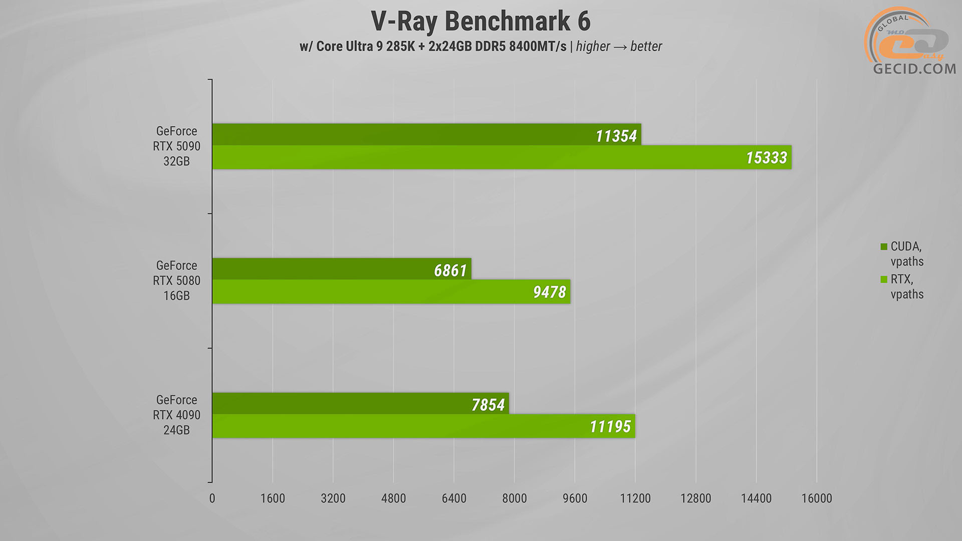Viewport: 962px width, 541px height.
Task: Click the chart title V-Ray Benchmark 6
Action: coord(480,22)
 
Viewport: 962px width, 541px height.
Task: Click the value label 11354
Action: coord(616,136)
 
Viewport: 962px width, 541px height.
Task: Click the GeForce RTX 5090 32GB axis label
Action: coord(176,146)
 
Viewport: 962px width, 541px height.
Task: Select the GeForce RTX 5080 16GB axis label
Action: coord(176,281)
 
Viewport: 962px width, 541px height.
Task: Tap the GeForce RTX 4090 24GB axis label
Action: coord(176,415)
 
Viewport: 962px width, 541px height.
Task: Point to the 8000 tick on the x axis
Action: coord(515,498)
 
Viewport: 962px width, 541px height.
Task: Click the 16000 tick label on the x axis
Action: coord(816,498)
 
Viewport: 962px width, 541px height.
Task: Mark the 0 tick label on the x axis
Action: coord(212,498)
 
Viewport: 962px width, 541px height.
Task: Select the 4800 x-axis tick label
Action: coord(393,498)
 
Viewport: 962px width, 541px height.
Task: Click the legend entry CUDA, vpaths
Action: coord(906,254)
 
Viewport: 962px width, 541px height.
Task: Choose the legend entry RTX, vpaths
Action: coord(906,287)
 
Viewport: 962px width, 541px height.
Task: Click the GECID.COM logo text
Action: coord(914,69)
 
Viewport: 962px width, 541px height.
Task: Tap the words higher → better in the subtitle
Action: coord(619,47)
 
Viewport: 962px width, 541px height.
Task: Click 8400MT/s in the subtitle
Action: coord(538,47)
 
